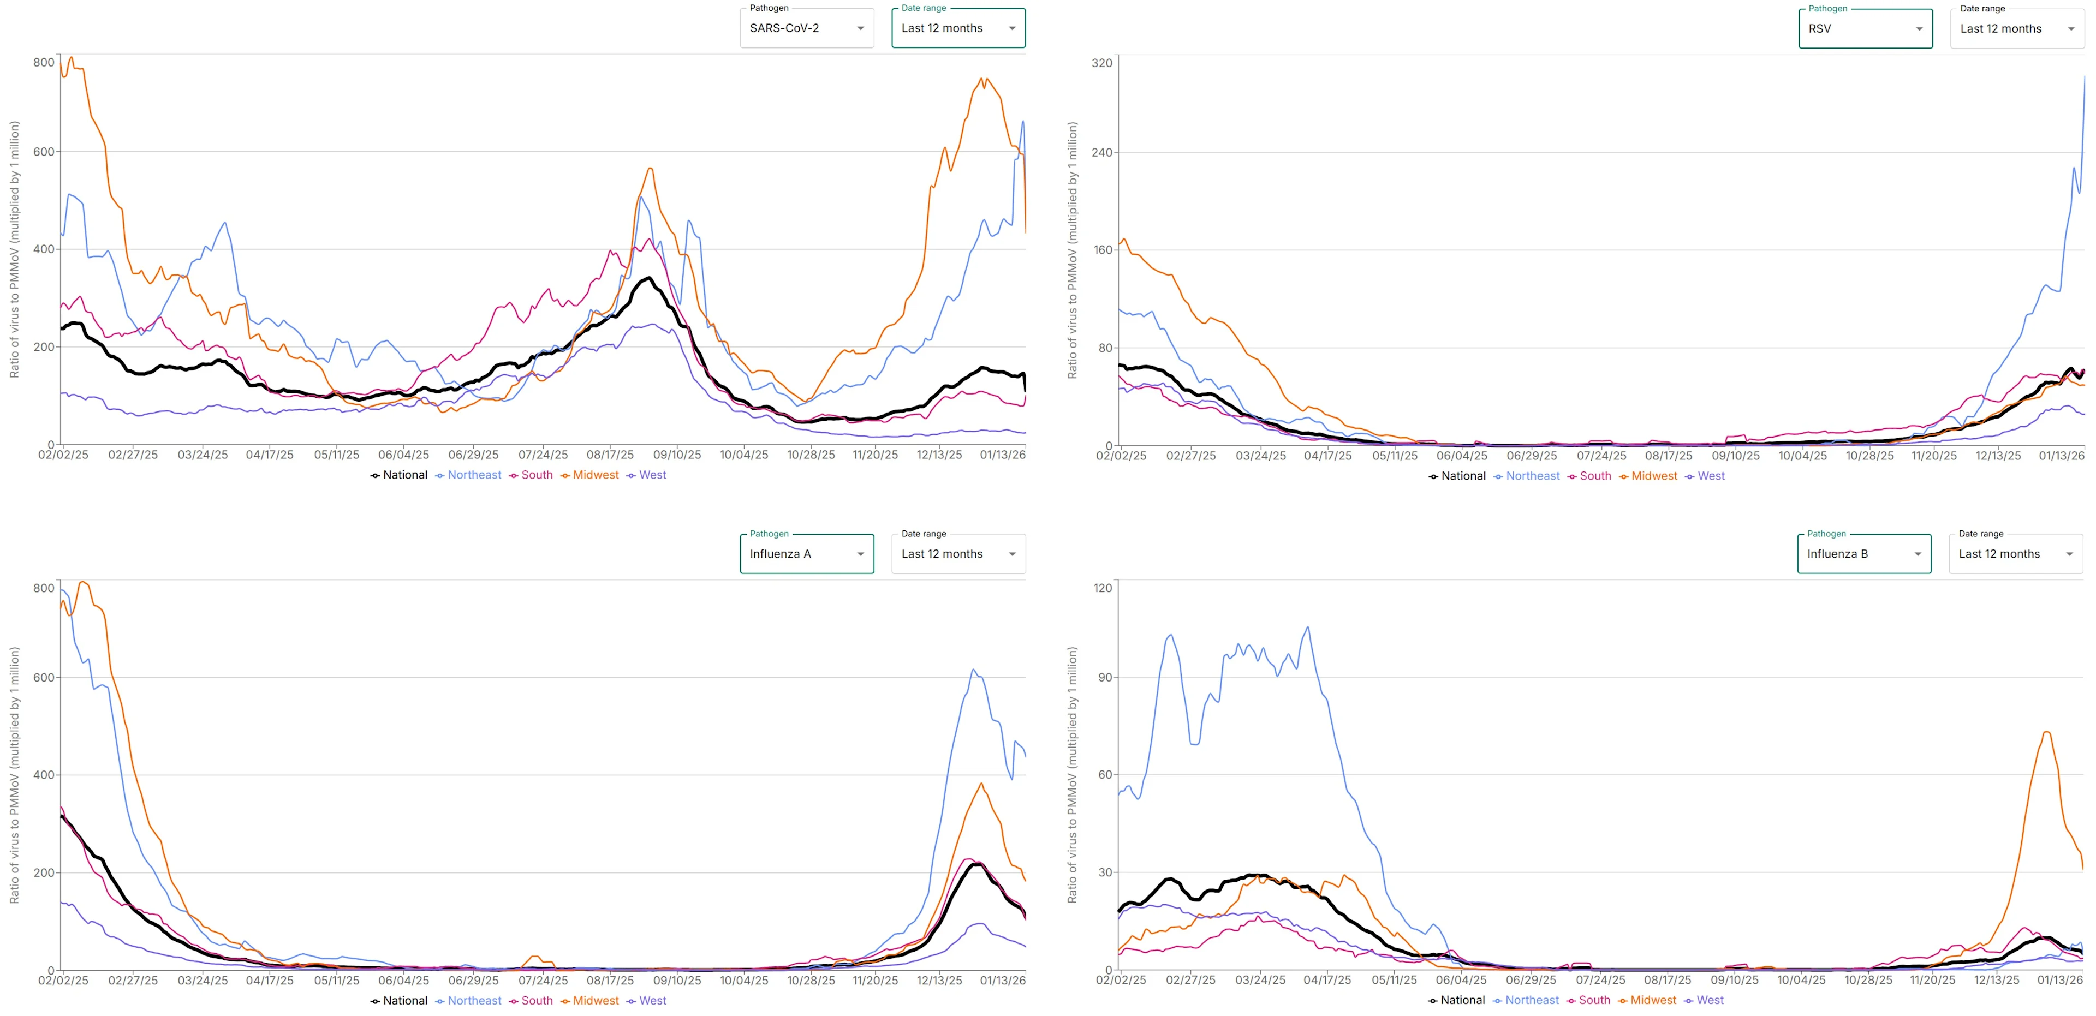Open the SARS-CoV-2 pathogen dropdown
coord(806,28)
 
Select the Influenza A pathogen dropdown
coord(806,554)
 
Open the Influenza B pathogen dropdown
coord(1863,554)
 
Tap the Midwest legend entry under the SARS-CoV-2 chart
coord(595,475)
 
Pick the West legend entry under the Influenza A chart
coord(652,1001)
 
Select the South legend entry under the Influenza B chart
coord(1593,1001)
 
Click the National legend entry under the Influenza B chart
coord(1461,1001)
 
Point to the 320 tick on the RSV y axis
coord(1101,63)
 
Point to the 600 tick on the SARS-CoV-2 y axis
coord(44,152)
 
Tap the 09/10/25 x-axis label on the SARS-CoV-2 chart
coord(677,455)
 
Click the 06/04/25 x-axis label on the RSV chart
coord(1461,456)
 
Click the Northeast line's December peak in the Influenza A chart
coord(973,670)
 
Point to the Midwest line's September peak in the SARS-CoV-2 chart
coord(650,169)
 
